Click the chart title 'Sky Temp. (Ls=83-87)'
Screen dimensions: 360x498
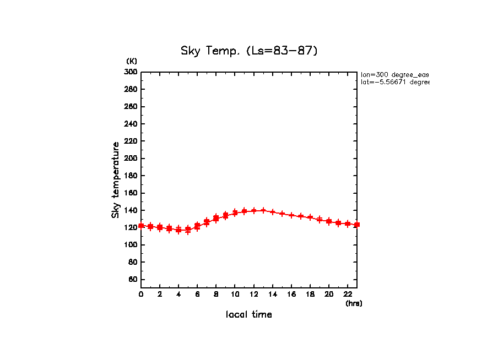click(249, 51)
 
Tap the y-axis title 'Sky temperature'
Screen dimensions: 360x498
click(116, 179)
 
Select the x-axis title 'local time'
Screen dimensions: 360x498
click(249, 315)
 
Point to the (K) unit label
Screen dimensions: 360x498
click(132, 61)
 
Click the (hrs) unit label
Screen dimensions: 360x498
click(354, 303)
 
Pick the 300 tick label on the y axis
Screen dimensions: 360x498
click(131, 72)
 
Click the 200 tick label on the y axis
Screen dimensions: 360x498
click(131, 159)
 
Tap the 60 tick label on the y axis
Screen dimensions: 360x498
click(133, 280)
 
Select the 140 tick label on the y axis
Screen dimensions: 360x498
click(131, 210)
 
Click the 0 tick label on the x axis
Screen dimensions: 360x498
click(141, 294)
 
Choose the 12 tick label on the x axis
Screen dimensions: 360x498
click(253, 294)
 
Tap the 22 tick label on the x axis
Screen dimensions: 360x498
click(347, 294)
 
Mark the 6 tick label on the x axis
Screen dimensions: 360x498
click(197, 294)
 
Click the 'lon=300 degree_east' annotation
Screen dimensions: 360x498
click(394, 74)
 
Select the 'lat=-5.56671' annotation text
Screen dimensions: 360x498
click(394, 82)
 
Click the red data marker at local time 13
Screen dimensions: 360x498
click(263, 210)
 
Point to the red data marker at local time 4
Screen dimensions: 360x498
click(178, 230)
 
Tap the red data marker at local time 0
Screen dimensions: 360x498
click(142, 225)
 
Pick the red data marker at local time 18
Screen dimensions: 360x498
click(310, 217)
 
